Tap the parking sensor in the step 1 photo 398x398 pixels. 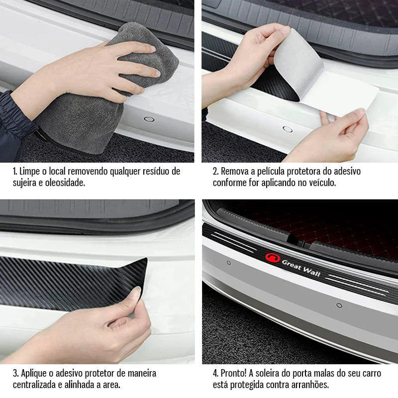click(x=148, y=119)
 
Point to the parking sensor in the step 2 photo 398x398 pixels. click(x=287, y=128)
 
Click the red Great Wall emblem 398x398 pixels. click(x=273, y=258)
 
